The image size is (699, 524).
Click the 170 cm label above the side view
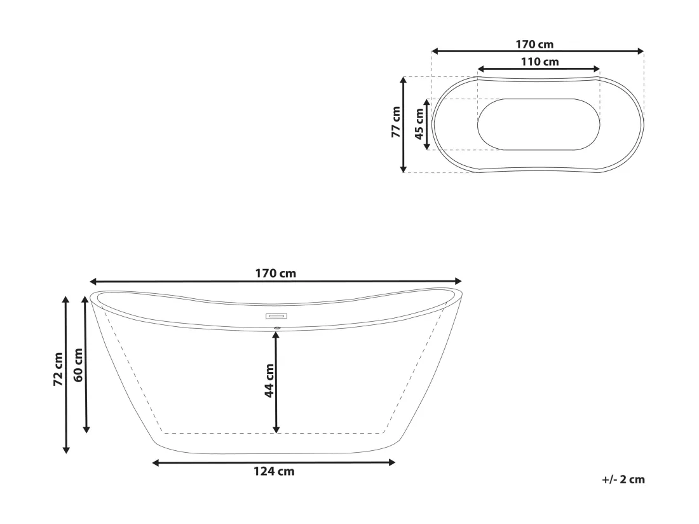(276, 273)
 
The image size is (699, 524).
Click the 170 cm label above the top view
(534, 44)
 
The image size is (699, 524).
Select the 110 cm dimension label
(540, 62)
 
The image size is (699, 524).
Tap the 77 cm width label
(396, 121)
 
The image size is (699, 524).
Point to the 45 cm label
(419, 123)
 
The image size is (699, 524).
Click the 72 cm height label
(58, 369)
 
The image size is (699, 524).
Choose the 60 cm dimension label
(78, 365)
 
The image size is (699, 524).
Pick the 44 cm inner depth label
(269, 380)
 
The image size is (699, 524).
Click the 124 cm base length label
(274, 471)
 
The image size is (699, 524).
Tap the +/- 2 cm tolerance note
(623, 479)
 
